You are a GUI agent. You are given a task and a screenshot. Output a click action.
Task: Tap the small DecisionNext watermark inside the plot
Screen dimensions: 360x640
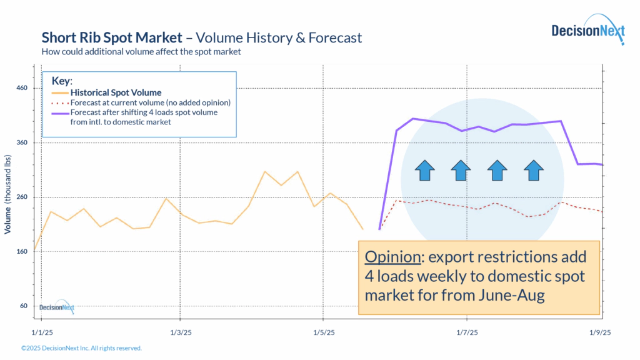pyautogui.click(x=57, y=306)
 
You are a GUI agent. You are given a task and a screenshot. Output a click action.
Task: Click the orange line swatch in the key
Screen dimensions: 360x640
pyautogui.click(x=57, y=92)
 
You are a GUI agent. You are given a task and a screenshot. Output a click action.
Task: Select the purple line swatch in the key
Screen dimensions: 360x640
pyautogui.click(x=57, y=113)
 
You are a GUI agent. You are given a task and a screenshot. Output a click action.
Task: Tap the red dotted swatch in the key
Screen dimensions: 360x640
pyautogui.click(x=57, y=102)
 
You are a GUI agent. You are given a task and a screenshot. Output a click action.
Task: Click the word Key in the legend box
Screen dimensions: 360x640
pyautogui.click(x=61, y=81)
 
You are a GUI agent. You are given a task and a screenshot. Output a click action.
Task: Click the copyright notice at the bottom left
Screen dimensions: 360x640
pyautogui.click(x=81, y=348)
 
